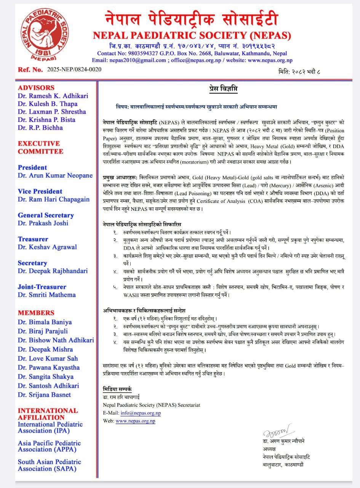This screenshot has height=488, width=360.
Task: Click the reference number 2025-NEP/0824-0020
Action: pyautogui.click(x=74, y=69)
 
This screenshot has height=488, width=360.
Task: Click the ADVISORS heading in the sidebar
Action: pyautogui.click(x=36, y=88)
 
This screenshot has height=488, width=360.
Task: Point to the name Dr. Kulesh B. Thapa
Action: pyautogui.click(x=48, y=104)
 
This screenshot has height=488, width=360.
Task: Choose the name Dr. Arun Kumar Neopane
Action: pyautogui.click(x=55, y=175)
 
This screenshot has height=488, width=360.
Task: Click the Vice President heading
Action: pyautogui.click(x=40, y=191)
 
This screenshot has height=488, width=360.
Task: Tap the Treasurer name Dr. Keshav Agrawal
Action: pyautogui.click(x=47, y=247)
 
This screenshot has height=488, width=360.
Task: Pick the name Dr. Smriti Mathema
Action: pyautogui.click(x=47, y=295)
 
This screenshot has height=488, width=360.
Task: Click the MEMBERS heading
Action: pyautogui.click(x=36, y=313)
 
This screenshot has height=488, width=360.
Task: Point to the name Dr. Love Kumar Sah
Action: pyautogui.click(x=48, y=358)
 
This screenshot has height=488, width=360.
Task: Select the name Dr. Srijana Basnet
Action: pyautogui.click(x=45, y=395)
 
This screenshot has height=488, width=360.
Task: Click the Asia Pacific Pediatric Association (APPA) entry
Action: pyautogui.click(x=49, y=446)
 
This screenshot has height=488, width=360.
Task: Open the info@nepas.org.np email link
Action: pyautogui.click(x=141, y=413)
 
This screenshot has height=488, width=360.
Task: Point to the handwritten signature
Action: pyautogui.click(x=278, y=432)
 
